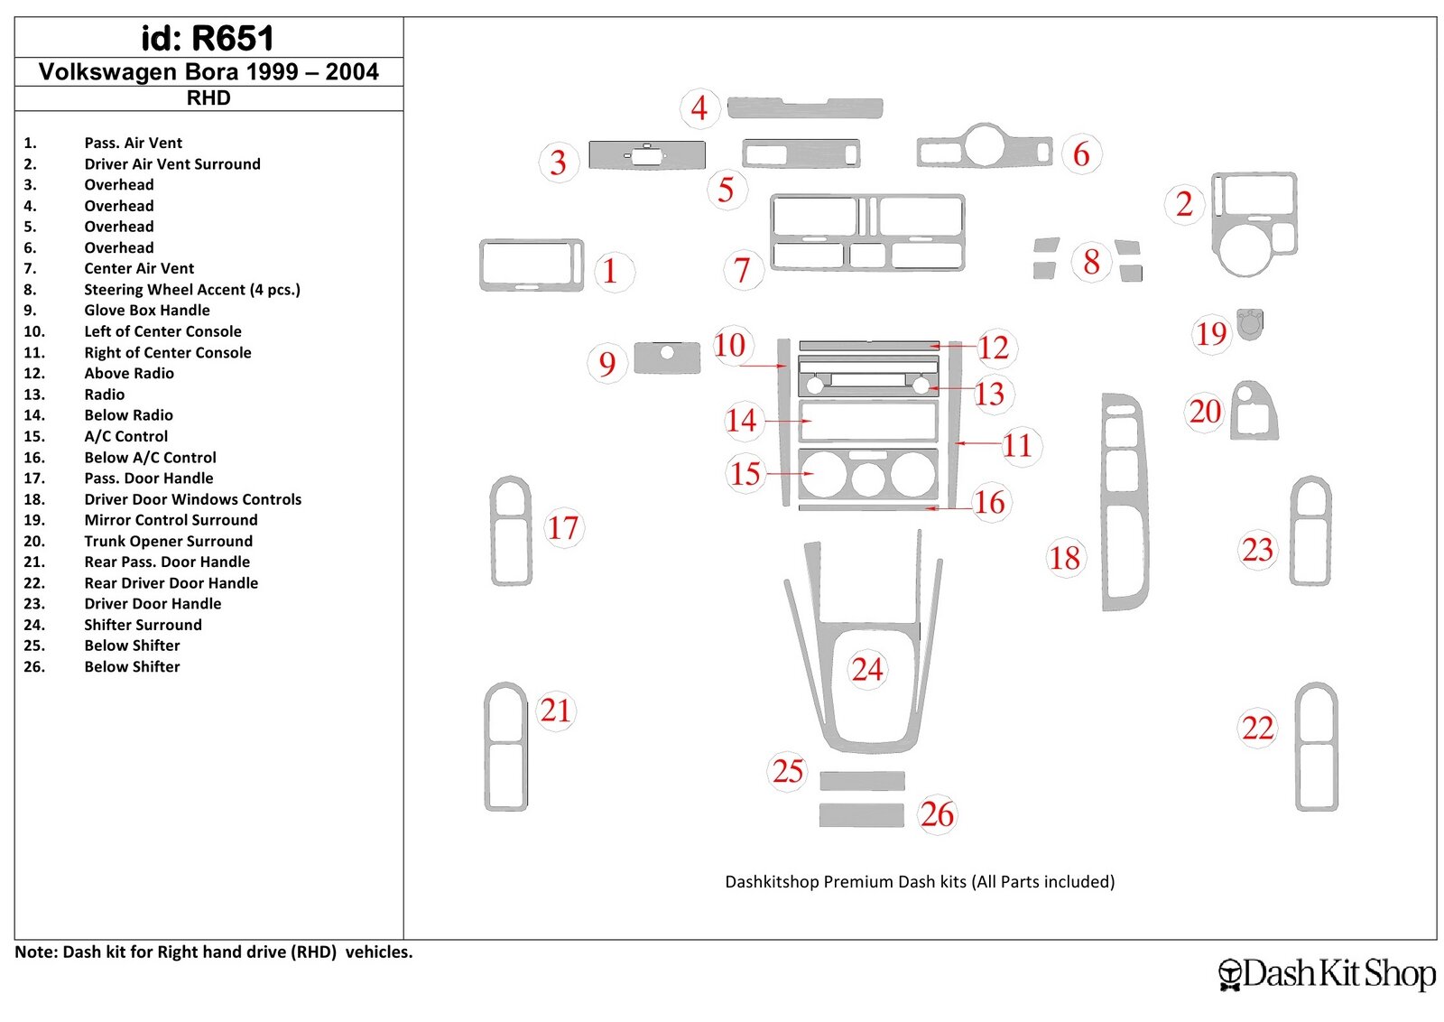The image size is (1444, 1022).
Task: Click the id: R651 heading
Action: point(208,38)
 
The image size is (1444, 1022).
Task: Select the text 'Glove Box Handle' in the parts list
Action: point(147,311)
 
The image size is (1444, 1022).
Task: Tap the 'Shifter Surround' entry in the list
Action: point(143,625)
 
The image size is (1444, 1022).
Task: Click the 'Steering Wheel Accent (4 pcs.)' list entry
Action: point(192,290)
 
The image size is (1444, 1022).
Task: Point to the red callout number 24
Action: point(867,669)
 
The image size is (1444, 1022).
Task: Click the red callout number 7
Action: point(742,270)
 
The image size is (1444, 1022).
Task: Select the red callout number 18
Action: point(1064,558)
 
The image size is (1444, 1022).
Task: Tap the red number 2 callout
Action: point(1184,204)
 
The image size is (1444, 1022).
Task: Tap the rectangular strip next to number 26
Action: point(861,815)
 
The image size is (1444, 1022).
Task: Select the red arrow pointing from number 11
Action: point(977,443)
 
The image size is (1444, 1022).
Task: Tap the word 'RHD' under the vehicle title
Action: point(208,98)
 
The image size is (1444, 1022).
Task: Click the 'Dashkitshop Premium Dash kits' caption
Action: point(920,881)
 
